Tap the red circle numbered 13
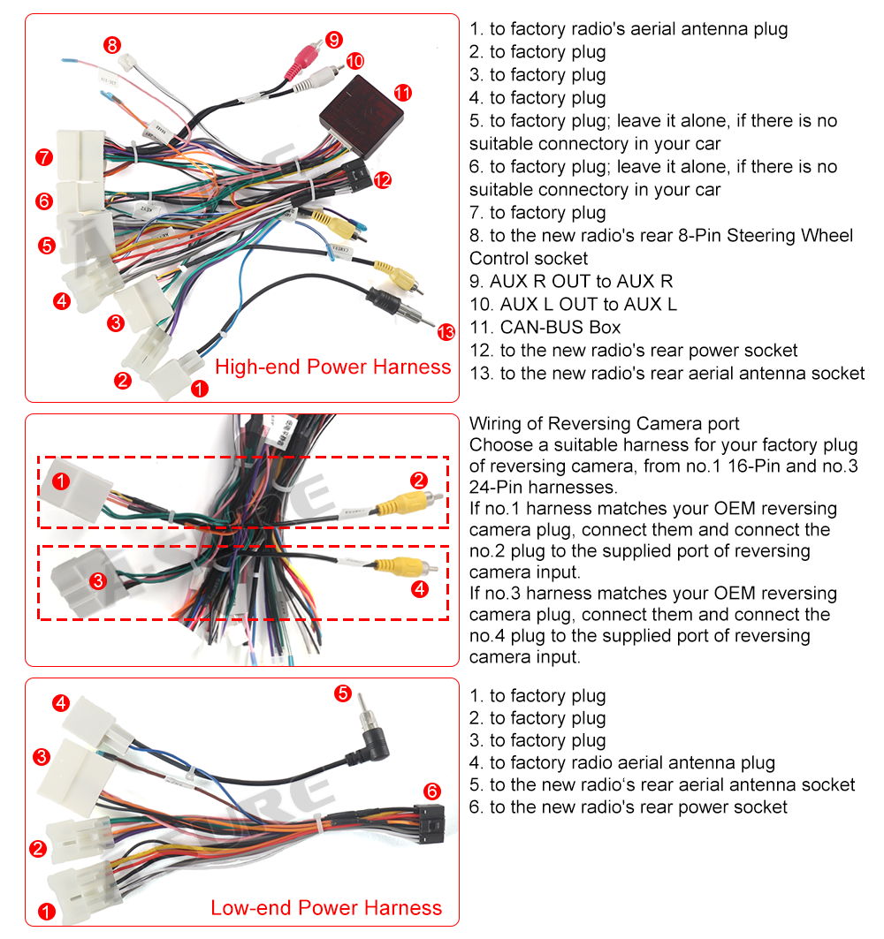(x=446, y=332)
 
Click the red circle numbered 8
(x=111, y=44)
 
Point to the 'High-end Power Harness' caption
(x=333, y=367)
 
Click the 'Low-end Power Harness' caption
(x=326, y=907)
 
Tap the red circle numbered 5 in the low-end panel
(x=343, y=693)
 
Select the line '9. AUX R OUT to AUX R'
(x=571, y=281)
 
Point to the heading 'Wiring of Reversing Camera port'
(x=605, y=424)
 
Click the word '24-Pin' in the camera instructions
(x=499, y=488)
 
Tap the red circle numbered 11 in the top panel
(x=403, y=93)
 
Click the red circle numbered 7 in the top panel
(x=44, y=158)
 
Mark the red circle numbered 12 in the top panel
(x=382, y=180)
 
